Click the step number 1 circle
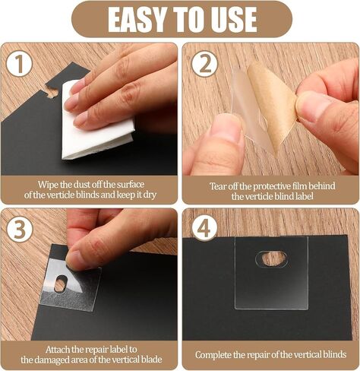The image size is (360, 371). pyautogui.click(x=19, y=64)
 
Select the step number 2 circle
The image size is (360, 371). pyautogui.click(x=204, y=64)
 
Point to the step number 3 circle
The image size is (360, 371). pyautogui.click(x=20, y=230)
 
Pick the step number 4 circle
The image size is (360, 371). pyautogui.click(x=204, y=229)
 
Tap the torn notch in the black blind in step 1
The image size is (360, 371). pyautogui.click(x=52, y=92)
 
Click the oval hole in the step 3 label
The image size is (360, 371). pyautogui.click(x=61, y=284)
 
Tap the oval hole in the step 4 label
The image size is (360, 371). pyautogui.click(x=271, y=258)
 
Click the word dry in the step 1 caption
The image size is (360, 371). pyautogui.click(x=150, y=195)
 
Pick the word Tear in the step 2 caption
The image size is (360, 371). pyautogui.click(x=218, y=186)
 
